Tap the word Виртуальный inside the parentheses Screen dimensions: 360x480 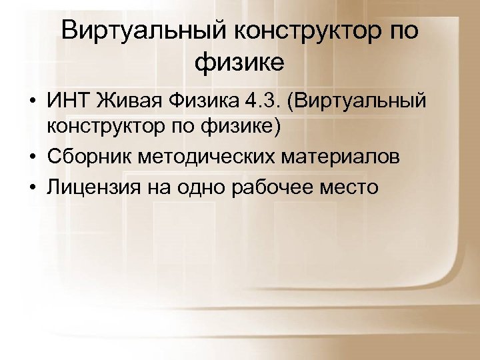pyautogui.click(x=363, y=103)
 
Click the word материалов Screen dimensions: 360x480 pyautogui.click(x=343, y=157)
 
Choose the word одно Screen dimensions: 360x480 pyautogui.click(x=198, y=188)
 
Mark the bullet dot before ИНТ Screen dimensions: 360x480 pyautogui.click(x=32, y=103)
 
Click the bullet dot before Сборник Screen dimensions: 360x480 pyautogui.click(x=32, y=159)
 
